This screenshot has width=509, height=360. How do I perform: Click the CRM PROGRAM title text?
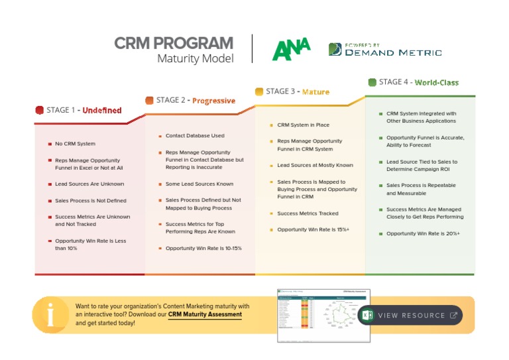tap(174, 44)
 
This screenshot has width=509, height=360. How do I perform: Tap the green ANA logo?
tap(291, 49)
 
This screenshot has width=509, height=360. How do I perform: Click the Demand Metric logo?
tap(385, 50)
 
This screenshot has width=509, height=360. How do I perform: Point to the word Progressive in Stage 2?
tap(213, 101)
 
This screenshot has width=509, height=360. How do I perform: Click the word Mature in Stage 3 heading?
tap(315, 91)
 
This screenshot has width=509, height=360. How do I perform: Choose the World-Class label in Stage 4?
tap(436, 82)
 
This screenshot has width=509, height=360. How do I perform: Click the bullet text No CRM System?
tap(75, 144)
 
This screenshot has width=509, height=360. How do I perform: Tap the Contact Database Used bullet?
tap(195, 136)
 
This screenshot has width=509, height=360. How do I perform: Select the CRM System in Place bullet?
tap(303, 125)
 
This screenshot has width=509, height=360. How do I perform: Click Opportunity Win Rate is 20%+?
tap(423, 233)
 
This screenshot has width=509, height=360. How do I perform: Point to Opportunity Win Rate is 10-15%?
tap(203, 249)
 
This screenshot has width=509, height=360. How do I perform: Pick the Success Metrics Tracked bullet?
tap(308, 213)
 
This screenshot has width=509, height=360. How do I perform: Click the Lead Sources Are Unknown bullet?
tap(89, 184)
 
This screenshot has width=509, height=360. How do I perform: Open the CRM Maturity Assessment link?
tap(205, 314)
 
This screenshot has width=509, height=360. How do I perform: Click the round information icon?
tap(51, 314)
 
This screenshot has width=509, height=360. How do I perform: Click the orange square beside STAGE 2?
tap(150, 101)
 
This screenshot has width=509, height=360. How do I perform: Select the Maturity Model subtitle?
tap(195, 59)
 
